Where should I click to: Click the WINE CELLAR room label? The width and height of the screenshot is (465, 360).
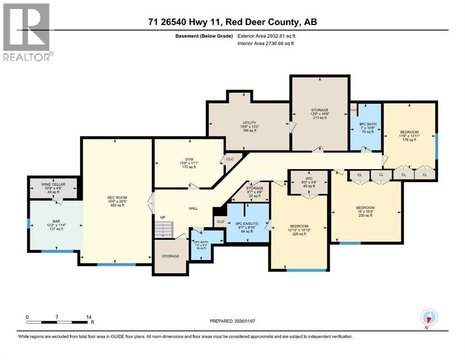52,184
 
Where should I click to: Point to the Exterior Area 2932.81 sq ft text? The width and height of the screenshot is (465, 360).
266,36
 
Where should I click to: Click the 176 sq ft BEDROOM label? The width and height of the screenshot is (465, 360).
409,132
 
